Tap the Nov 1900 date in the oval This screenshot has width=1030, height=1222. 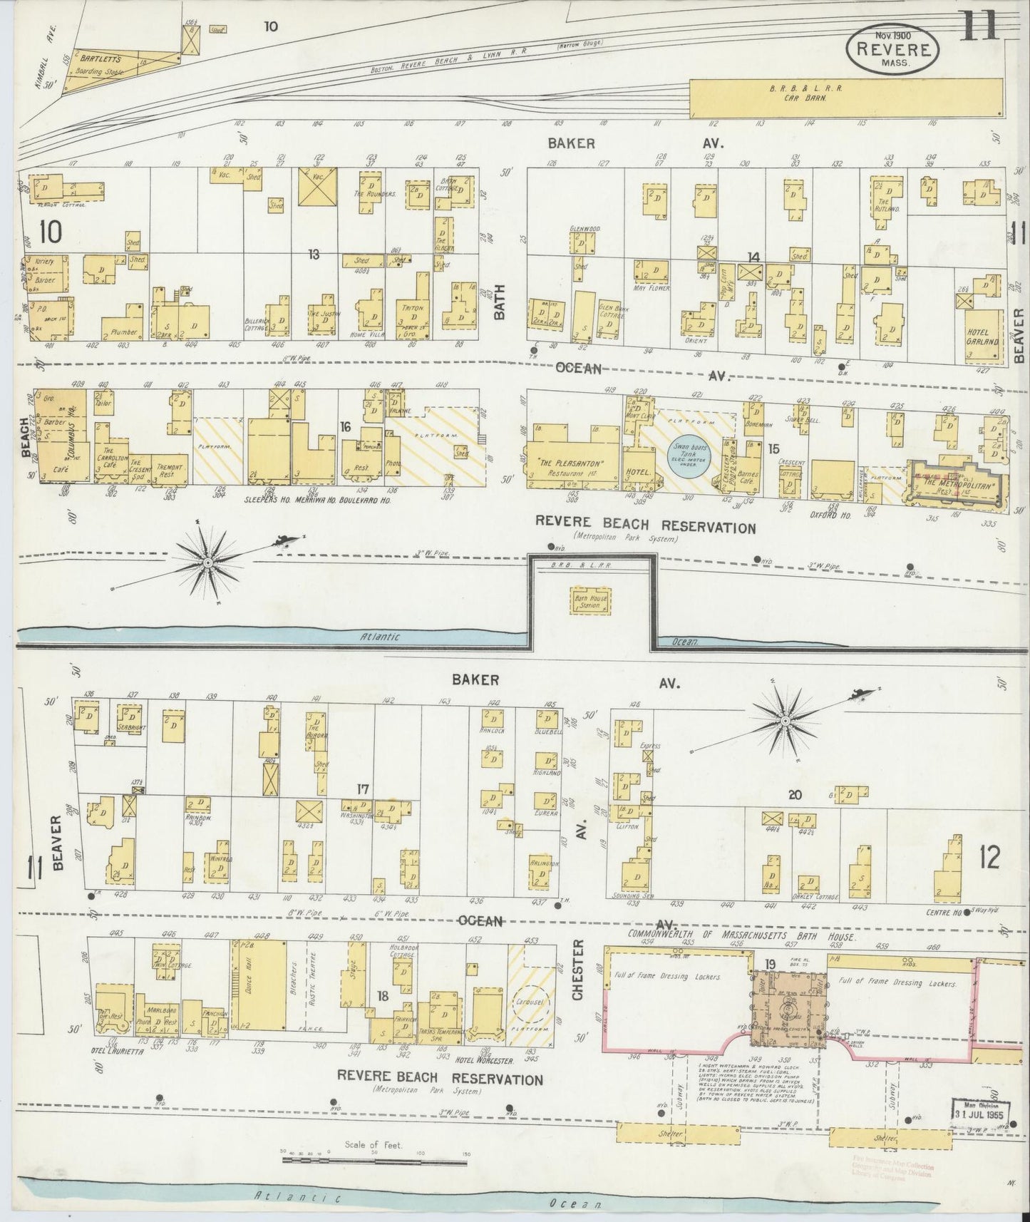coord(892,35)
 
